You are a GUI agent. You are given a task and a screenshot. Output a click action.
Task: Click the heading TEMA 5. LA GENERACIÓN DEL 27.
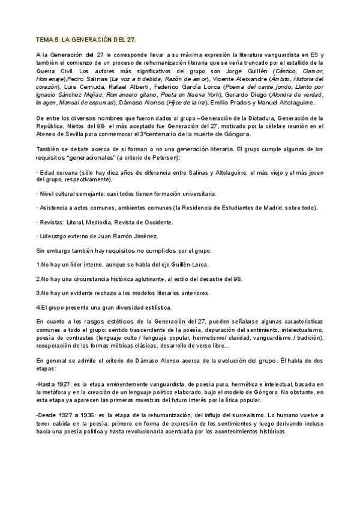[x=86, y=40]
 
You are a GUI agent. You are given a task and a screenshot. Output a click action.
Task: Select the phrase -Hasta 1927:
[x=55, y=384]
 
